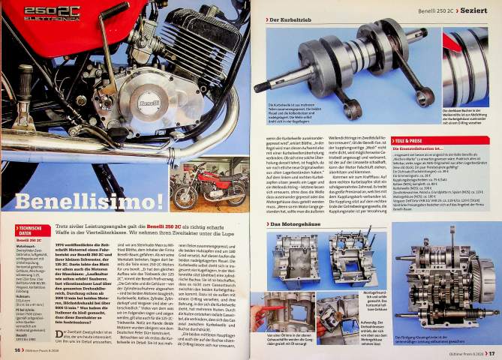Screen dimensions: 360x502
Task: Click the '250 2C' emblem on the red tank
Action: (x=51, y=12)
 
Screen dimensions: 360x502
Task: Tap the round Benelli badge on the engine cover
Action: (x=149, y=103)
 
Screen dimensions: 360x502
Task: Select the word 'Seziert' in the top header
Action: (x=476, y=8)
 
